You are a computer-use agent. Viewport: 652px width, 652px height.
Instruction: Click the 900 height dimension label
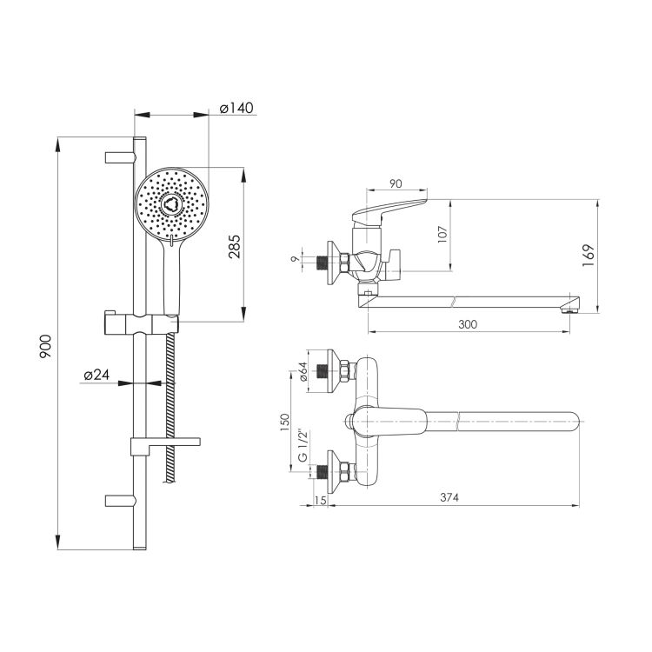coord(45,346)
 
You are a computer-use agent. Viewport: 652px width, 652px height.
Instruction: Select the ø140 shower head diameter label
coord(236,108)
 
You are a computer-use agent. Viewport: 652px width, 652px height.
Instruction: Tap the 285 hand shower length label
coord(235,247)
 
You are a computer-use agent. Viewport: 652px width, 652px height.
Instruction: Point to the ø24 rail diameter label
coord(96,374)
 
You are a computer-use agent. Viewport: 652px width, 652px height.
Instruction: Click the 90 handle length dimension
coord(396,183)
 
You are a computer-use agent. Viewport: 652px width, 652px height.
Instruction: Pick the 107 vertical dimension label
coord(442,235)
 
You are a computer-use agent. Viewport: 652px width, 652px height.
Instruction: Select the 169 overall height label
coord(589,256)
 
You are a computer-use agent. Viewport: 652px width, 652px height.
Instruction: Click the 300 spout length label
coord(468,324)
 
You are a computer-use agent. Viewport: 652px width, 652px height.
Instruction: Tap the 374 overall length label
coord(449,497)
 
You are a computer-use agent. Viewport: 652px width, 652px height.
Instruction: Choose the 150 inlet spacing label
coord(284,422)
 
